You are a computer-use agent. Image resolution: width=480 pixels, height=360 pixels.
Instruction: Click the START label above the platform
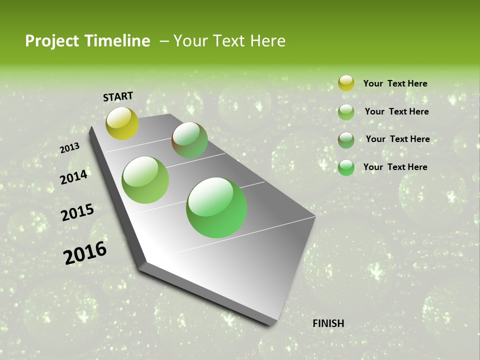point(118,96)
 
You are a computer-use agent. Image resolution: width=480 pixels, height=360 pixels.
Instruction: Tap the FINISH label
point(328,323)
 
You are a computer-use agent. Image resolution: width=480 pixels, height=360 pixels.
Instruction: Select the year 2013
point(69,148)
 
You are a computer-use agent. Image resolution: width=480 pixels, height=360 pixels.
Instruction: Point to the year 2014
point(73,177)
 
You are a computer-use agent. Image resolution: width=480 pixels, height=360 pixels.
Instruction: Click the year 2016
point(85,252)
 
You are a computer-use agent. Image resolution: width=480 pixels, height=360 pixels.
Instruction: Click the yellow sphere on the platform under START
point(122,123)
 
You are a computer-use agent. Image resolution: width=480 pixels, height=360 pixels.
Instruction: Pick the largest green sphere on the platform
point(216,207)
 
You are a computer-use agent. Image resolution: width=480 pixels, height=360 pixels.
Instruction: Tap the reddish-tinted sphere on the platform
point(189,140)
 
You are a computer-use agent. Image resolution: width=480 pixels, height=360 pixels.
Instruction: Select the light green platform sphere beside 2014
point(145,180)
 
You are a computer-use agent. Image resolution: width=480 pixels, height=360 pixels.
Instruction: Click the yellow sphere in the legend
point(346,83)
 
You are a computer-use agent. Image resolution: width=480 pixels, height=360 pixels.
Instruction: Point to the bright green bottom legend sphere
point(346,167)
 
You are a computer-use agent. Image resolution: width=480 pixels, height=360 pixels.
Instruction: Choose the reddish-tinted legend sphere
point(346,140)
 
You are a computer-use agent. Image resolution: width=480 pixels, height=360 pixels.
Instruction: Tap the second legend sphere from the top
point(346,112)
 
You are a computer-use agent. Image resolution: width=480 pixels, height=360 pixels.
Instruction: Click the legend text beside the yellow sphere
point(395,83)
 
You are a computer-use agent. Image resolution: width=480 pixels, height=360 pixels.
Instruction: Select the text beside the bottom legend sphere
point(395,167)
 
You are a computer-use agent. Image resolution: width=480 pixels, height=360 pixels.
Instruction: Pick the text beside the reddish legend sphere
point(397,139)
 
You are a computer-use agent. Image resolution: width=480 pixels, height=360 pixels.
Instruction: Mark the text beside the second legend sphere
point(396,111)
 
